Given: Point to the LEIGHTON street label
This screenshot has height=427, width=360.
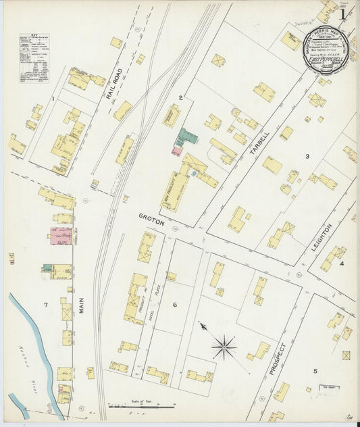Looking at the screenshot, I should tap(322, 238).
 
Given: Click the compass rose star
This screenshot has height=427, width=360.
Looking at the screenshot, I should tap(223, 347).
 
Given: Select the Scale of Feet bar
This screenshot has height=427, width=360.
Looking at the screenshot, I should tap(142, 406).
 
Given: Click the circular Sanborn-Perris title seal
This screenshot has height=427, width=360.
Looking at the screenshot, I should tap(322, 55).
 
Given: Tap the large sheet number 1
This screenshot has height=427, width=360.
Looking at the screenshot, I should tap(344, 14).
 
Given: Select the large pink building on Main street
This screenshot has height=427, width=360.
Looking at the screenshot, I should tap(59, 236).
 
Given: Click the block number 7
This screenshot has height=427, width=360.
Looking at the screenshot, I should tap(45, 305).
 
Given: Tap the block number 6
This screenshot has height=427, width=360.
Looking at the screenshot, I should tap(174, 305).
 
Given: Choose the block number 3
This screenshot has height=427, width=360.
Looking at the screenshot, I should tap(307, 156).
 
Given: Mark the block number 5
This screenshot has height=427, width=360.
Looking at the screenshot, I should tap(314, 371).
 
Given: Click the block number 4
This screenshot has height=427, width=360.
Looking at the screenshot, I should tap(342, 263).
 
